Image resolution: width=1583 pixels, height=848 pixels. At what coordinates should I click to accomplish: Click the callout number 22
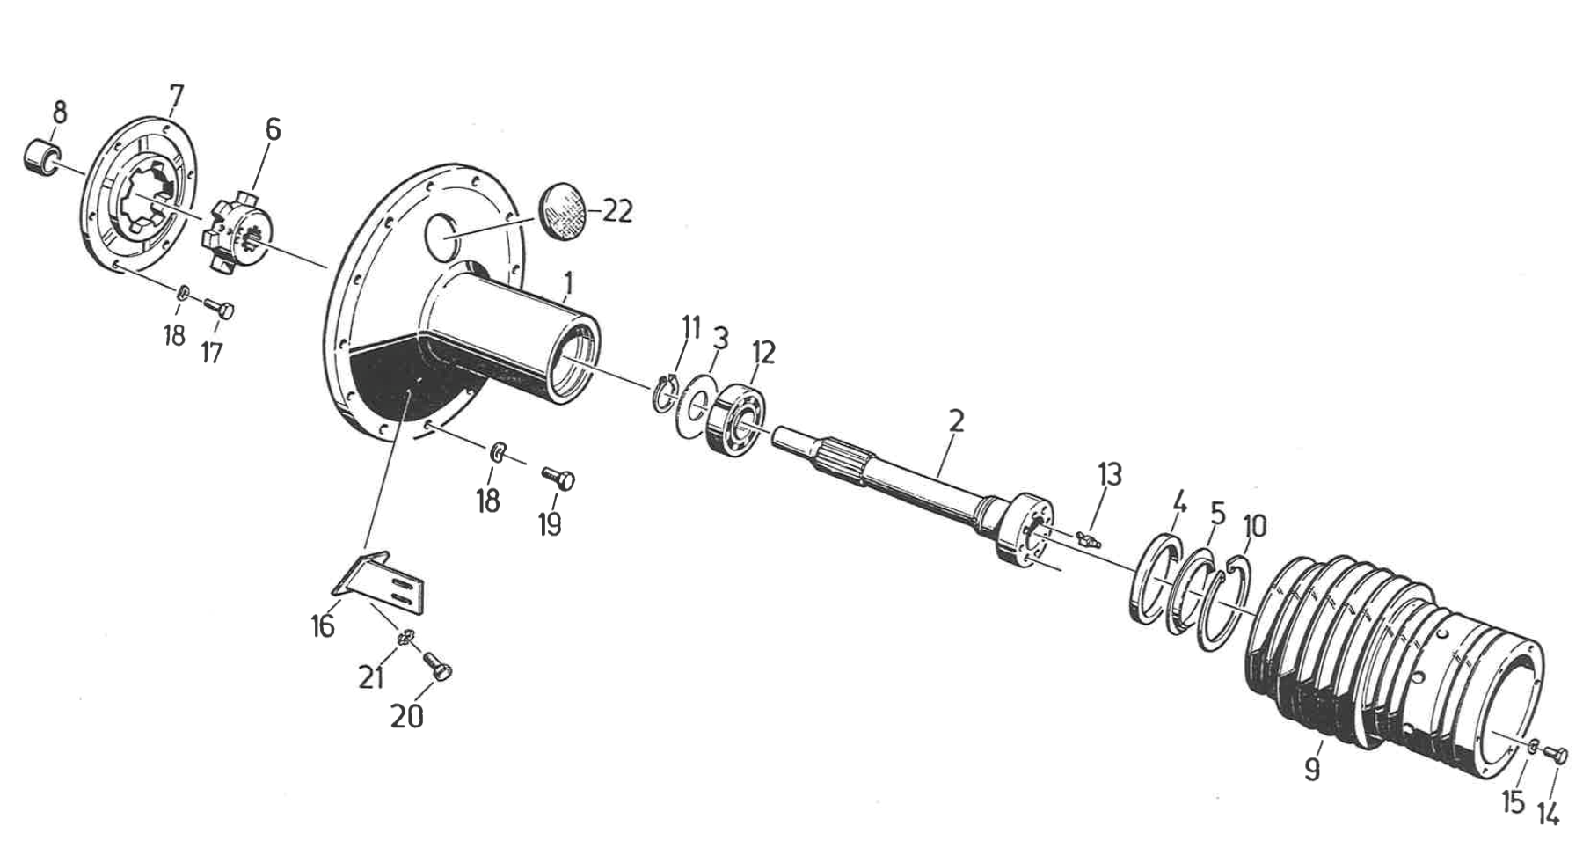pos(618,212)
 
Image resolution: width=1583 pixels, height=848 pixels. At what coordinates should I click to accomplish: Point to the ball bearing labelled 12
pos(737,415)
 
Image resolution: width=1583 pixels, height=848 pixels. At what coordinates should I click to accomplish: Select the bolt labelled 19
pos(558,479)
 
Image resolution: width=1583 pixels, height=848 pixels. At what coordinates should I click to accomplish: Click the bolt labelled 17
pos(221,309)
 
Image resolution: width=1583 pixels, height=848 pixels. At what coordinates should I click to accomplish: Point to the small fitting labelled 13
pos(1088,537)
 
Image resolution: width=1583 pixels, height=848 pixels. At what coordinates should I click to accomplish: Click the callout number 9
pos(1311,770)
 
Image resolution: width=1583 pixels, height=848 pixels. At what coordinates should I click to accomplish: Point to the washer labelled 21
pos(405,637)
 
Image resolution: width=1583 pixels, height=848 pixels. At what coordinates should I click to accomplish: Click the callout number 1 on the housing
pos(569,283)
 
